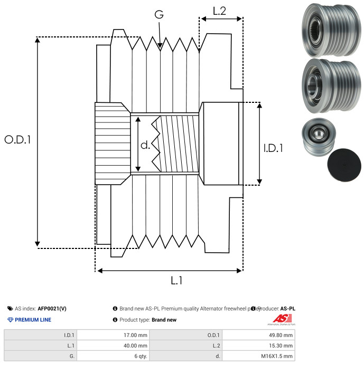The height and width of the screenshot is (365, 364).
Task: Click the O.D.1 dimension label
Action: [x=18, y=140]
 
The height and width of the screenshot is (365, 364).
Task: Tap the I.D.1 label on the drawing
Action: [x=273, y=148]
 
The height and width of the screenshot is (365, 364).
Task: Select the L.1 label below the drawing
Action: [x=176, y=281]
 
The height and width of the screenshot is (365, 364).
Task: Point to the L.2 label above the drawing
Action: [x=220, y=11]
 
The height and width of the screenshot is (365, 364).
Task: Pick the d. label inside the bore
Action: [x=145, y=145]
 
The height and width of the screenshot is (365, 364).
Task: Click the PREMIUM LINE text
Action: [x=33, y=320]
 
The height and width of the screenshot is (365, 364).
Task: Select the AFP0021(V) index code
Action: [x=52, y=309]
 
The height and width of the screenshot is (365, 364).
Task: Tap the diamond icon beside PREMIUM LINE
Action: [x=10, y=320]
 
